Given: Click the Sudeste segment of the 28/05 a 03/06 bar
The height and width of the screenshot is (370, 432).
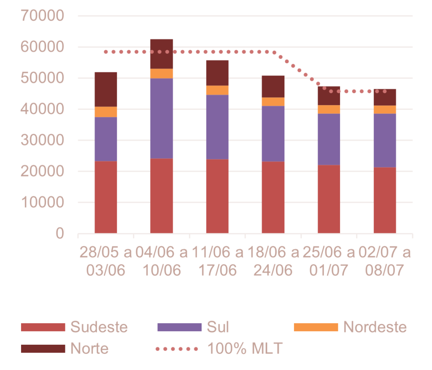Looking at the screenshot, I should [x=106, y=197].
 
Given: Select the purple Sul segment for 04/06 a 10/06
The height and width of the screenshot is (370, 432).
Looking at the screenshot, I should [x=162, y=119].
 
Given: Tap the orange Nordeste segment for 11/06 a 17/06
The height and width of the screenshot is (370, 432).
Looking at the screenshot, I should [x=217, y=90].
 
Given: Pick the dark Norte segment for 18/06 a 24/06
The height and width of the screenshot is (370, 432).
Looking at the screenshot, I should [x=273, y=86].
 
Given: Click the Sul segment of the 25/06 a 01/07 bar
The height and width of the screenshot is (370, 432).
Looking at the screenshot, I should [x=329, y=139].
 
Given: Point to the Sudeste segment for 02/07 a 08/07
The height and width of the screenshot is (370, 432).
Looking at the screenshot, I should [x=385, y=200].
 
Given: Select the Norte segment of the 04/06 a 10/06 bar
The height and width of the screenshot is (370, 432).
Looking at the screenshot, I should [x=162, y=54].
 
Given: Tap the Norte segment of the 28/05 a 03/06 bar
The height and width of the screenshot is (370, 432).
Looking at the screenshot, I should [x=106, y=89].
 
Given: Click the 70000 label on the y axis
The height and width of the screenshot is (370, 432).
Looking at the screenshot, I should [x=42, y=16].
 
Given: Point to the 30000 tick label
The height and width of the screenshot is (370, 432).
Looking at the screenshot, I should [x=42, y=140].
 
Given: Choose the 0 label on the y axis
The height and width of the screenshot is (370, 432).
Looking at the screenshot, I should [x=59, y=233].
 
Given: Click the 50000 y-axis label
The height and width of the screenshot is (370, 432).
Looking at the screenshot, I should [x=42, y=78].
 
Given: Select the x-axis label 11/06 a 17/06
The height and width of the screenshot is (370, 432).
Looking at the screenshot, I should [x=217, y=261].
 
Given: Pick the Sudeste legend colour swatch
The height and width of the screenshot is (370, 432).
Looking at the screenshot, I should [x=43, y=327].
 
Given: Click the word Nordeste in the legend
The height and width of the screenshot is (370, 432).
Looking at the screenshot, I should [x=375, y=327].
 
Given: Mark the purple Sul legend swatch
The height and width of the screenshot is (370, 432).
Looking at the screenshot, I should [x=179, y=327].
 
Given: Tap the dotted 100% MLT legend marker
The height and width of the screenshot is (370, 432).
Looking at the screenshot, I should [x=177, y=349].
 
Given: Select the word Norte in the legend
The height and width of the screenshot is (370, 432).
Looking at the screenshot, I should [x=89, y=349].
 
